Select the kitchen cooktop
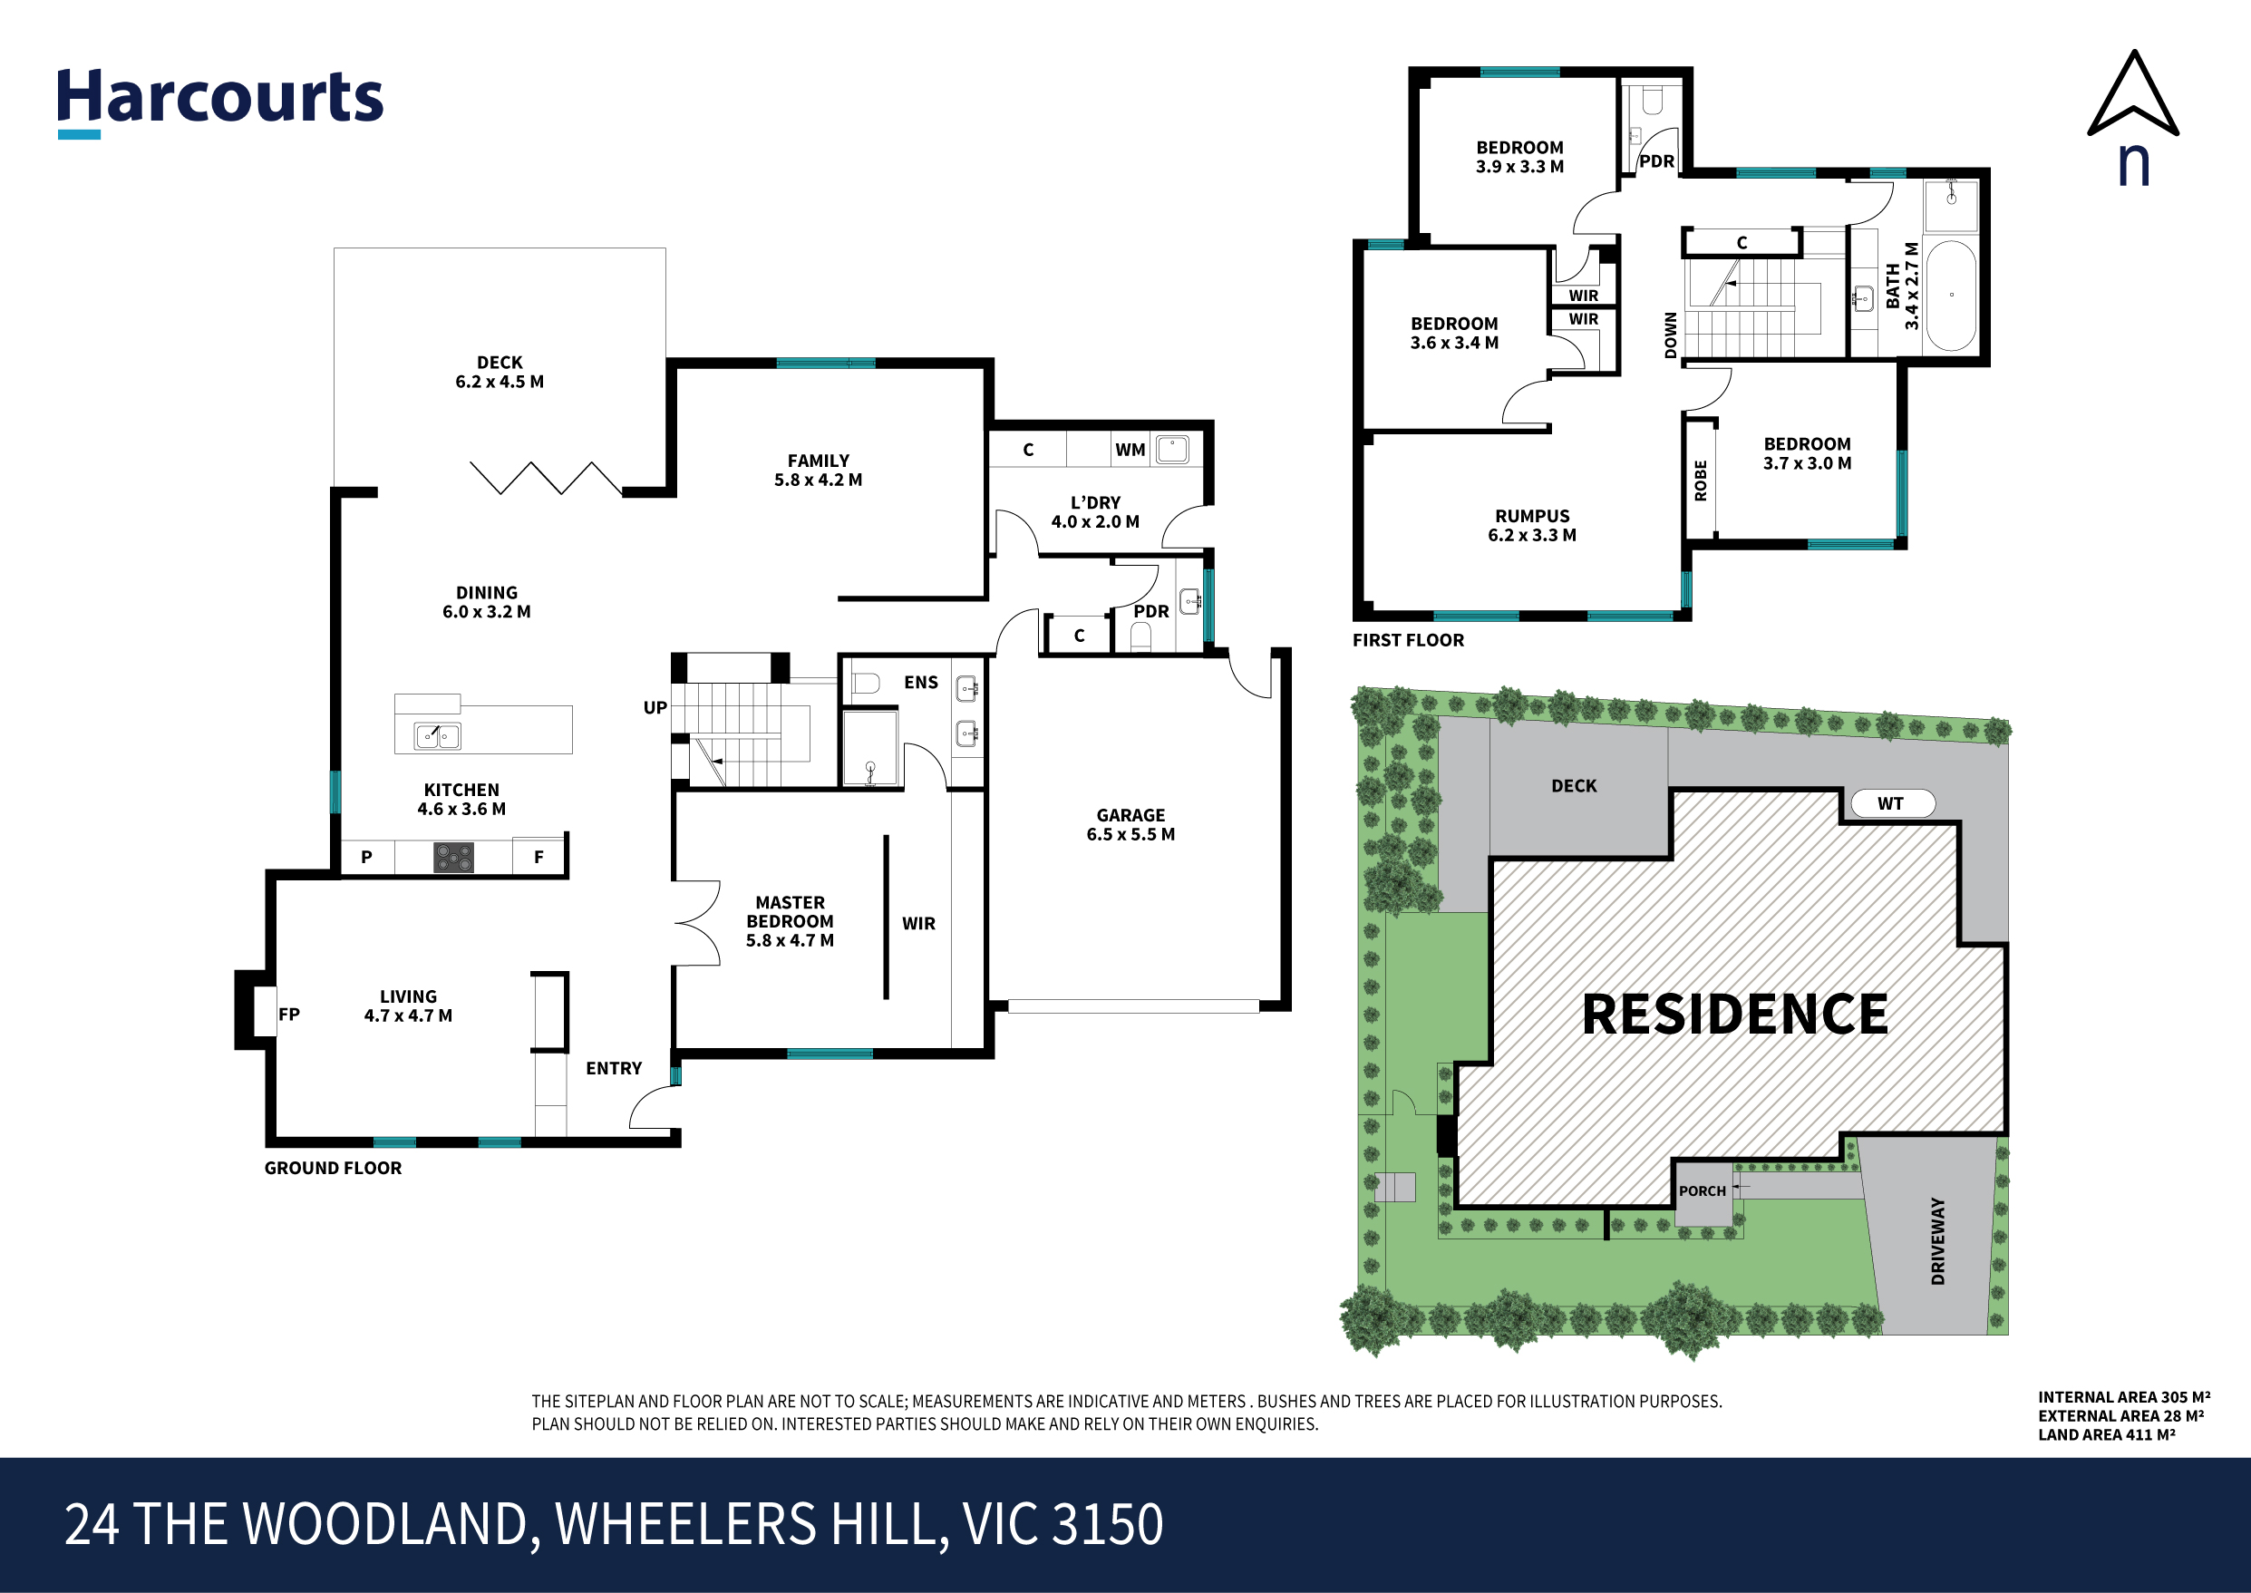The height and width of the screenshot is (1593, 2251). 453,858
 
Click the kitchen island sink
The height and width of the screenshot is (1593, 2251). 438,735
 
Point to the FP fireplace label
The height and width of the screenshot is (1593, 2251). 288,1015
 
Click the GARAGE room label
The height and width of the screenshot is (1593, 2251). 1130,815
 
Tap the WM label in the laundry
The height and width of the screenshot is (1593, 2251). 1130,451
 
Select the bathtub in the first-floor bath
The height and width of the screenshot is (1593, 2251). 1951,296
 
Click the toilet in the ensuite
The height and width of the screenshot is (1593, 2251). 865,683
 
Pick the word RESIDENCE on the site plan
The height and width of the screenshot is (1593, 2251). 1735,1015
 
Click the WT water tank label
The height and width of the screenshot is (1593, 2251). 1890,804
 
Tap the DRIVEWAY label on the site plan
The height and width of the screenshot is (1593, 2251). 1937,1241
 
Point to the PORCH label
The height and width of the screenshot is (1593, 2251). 1702,1190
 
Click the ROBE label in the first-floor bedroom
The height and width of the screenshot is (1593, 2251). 1701,481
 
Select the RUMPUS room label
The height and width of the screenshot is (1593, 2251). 1532,516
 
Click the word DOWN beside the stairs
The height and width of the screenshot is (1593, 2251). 1671,335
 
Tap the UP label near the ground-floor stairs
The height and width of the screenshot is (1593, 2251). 655,707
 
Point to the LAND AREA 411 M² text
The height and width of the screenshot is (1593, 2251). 2107,1434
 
